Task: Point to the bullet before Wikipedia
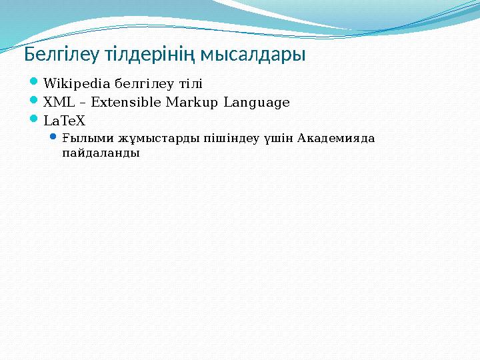click(35, 83)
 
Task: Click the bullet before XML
click(35, 102)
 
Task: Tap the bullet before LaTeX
click(35, 121)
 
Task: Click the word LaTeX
click(65, 121)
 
